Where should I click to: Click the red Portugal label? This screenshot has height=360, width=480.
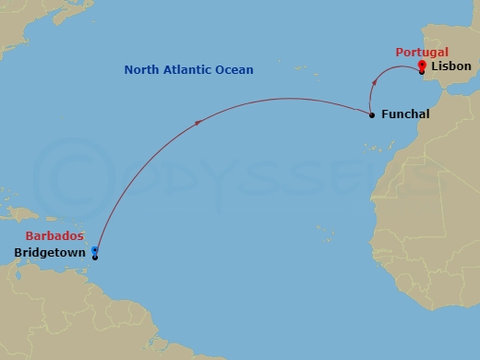(x=421, y=53)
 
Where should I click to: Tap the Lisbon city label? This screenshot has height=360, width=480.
(x=451, y=66)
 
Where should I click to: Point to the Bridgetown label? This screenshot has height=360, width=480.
(x=50, y=252)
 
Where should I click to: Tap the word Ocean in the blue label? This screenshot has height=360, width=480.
(x=234, y=70)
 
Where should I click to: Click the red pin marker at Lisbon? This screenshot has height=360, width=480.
(x=421, y=64)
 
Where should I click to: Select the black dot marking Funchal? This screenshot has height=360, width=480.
(x=372, y=115)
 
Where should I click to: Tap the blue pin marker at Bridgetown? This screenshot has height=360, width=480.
(x=95, y=251)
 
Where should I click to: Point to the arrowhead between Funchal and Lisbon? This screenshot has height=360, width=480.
(x=372, y=82)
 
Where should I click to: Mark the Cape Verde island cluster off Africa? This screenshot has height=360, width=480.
(x=320, y=231)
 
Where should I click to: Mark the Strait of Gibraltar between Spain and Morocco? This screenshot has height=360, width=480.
(x=437, y=90)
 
